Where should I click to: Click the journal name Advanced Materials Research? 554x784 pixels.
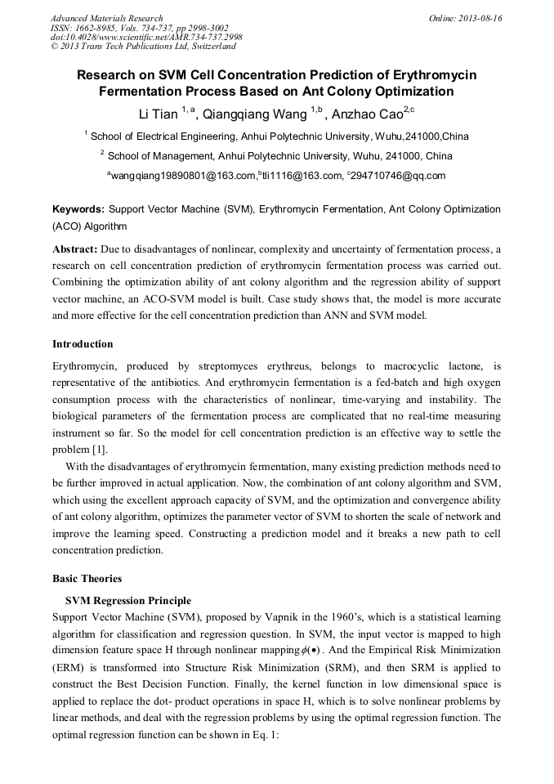coord(106,18)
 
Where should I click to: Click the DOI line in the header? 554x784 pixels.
coord(146,38)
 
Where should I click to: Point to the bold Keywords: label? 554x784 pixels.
coord(78,210)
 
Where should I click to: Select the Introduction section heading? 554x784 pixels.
coord(83,344)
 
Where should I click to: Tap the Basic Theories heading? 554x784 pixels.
coord(87,579)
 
